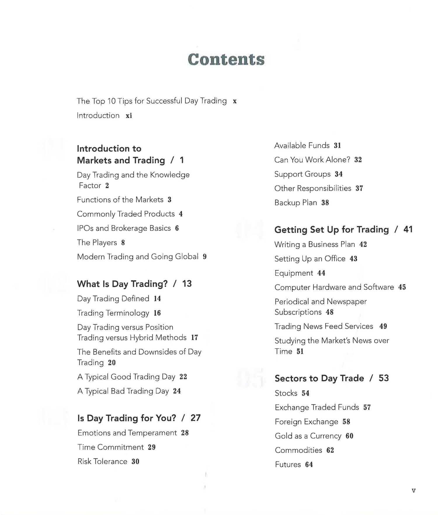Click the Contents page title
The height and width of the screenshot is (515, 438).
pos(226,60)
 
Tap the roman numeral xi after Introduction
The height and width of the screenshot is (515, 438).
pos(129,116)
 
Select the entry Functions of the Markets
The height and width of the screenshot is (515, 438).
pos(120,200)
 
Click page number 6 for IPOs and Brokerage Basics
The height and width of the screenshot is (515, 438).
pos(177,228)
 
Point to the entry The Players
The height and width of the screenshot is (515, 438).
pos(97,243)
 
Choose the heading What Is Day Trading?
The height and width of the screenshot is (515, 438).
pos(122,284)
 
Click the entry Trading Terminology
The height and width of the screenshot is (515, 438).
pos(113,313)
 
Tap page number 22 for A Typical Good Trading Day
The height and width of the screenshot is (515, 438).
pos(183,377)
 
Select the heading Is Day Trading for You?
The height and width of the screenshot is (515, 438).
pos(127,418)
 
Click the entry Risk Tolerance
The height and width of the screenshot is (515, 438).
pos(102,462)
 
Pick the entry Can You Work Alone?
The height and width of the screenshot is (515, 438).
pos(312,160)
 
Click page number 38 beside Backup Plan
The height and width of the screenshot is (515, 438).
pos(325,203)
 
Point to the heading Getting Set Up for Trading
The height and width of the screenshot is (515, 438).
pos(331,230)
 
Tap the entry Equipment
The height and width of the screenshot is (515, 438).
pos(294,273)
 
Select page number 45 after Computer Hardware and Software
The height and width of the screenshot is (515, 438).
pos(402,288)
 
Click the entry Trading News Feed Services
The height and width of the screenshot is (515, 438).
pos(324,326)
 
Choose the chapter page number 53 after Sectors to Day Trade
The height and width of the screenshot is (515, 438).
pos(384,378)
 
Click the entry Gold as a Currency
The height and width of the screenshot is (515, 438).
pos(308,436)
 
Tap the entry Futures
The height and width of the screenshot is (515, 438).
pos(288,464)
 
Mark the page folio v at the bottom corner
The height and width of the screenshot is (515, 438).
pos(413,491)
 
